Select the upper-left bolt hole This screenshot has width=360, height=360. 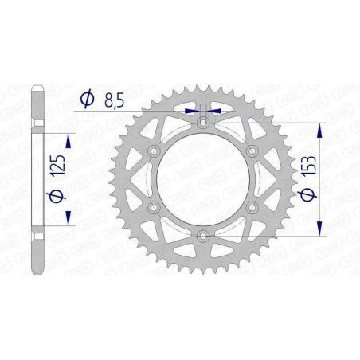(x=155, y=151)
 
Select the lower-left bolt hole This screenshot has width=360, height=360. (x=155, y=207)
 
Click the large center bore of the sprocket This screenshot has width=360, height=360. (x=203, y=179)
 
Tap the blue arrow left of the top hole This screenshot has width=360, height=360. (x=190, y=112)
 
